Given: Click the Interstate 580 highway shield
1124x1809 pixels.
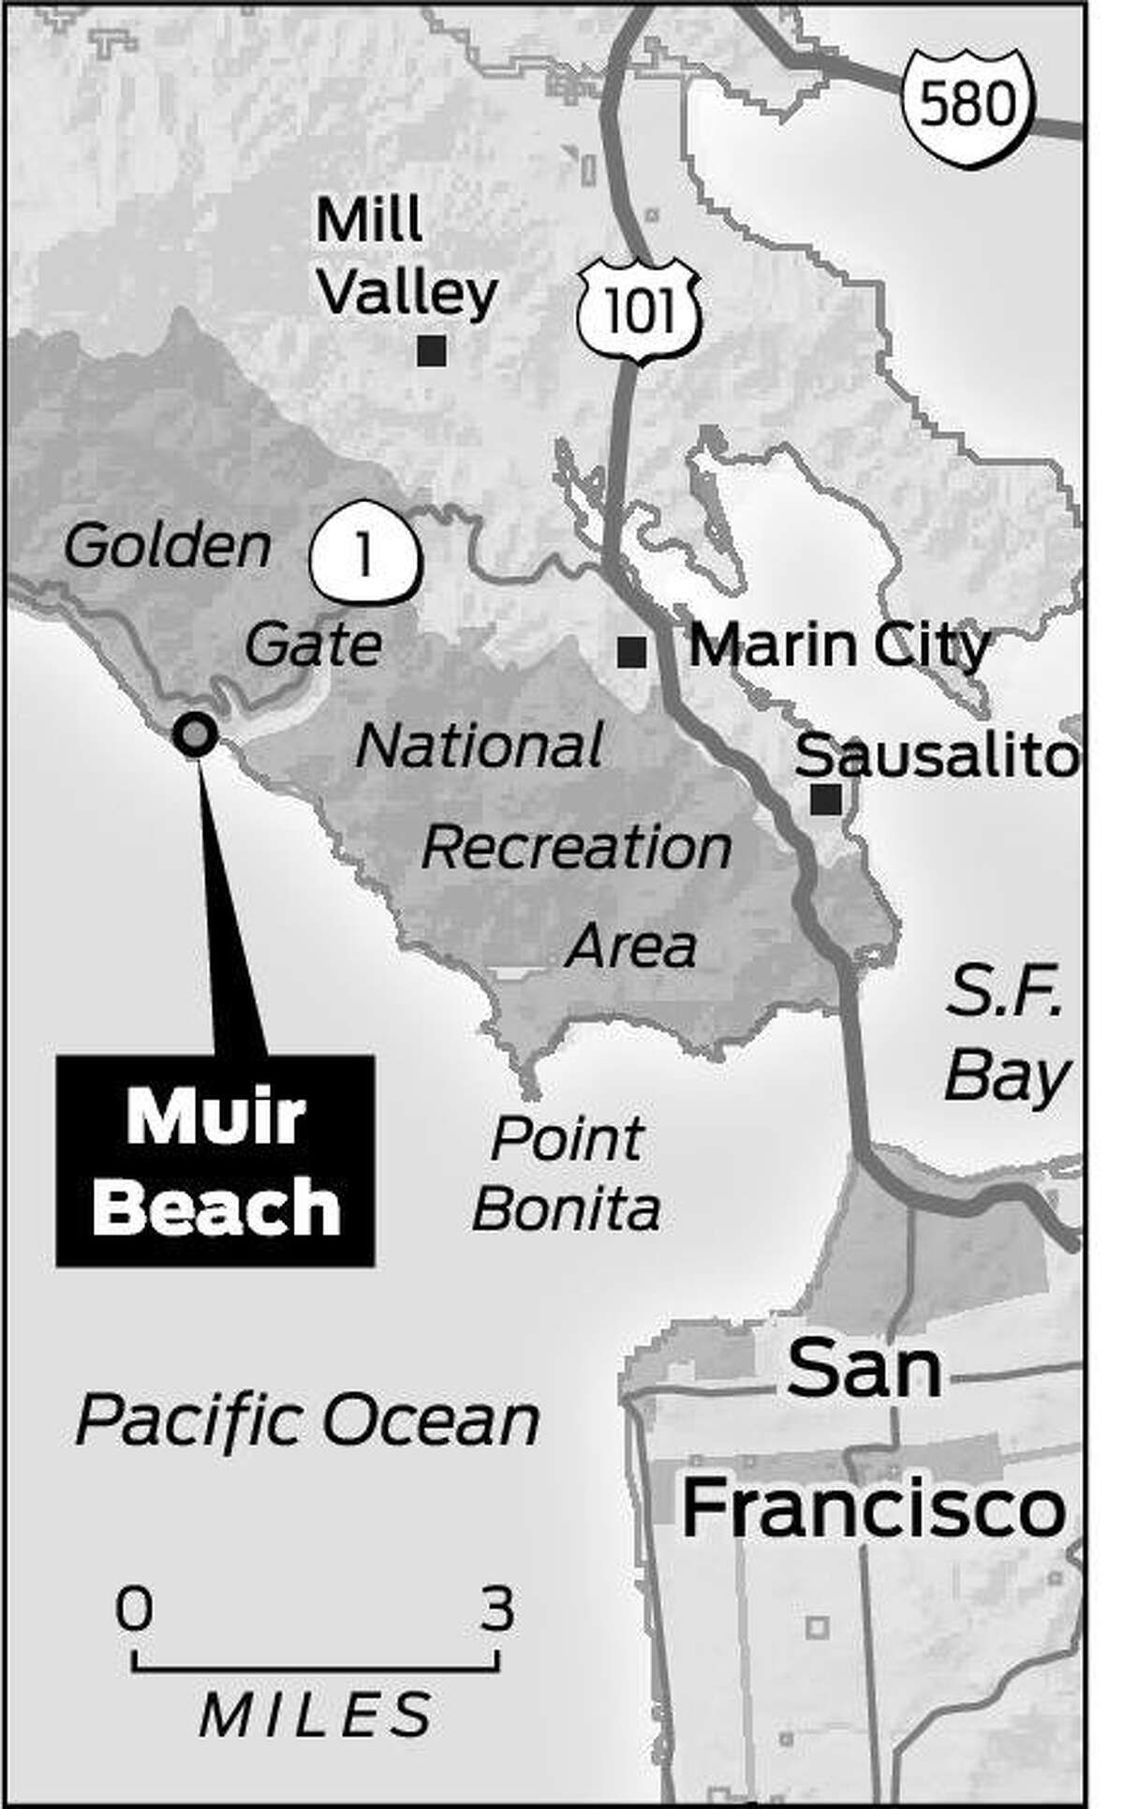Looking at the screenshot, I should [x=969, y=106].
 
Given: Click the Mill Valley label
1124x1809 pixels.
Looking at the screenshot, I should [x=405, y=257].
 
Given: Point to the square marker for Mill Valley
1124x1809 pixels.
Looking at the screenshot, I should [x=432, y=351].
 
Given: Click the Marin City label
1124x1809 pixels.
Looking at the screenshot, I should [x=839, y=645].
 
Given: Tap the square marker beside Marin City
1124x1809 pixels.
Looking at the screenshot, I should [x=632, y=651].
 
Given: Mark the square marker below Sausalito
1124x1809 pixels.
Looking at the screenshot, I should [x=826, y=799].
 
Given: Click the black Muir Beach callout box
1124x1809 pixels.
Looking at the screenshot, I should [x=215, y=1161].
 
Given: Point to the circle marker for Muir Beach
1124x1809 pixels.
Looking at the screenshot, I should [x=196, y=734].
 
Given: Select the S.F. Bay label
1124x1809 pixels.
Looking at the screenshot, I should [x=1006, y=1038].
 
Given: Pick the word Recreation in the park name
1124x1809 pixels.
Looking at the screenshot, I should [x=576, y=848].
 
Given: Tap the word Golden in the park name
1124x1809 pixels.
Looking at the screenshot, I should [x=168, y=545].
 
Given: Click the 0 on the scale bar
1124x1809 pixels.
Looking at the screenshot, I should [x=135, y=1611].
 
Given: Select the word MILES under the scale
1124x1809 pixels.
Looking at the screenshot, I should [x=317, y=1713].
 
